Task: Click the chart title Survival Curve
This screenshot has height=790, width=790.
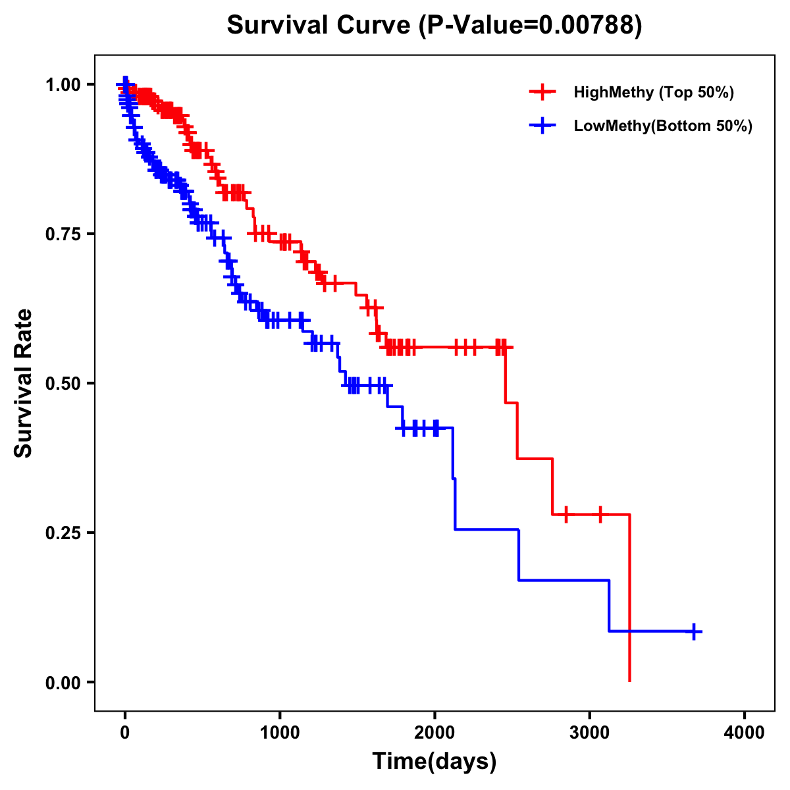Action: tap(319, 25)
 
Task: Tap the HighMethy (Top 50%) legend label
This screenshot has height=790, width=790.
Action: tap(653, 92)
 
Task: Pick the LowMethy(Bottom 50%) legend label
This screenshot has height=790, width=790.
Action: tap(662, 126)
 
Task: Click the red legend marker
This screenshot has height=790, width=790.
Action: tap(542, 92)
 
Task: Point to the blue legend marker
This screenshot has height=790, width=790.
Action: tap(542, 126)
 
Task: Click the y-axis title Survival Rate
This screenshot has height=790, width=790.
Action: tap(24, 382)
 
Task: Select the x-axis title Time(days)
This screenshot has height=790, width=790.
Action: tap(434, 762)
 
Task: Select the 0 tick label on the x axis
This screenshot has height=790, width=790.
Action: tap(125, 732)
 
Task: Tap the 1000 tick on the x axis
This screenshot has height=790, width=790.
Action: tap(280, 732)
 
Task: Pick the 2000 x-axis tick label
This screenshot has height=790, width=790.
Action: tap(434, 732)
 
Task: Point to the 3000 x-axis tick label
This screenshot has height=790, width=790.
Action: tap(589, 732)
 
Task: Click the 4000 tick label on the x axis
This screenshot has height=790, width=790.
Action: tap(745, 732)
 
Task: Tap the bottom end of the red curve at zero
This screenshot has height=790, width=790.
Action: tap(630, 680)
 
